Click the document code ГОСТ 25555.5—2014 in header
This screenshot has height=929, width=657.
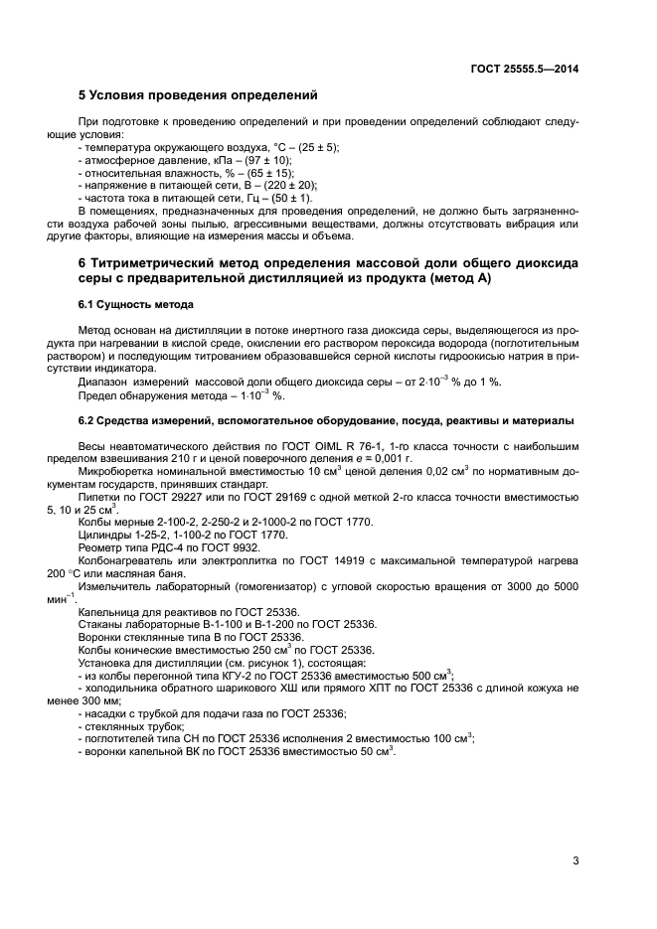(x=524, y=69)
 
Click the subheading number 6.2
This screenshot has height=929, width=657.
(x=86, y=420)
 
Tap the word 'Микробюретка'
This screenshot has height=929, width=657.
(x=114, y=473)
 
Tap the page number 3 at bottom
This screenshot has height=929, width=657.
(x=575, y=860)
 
